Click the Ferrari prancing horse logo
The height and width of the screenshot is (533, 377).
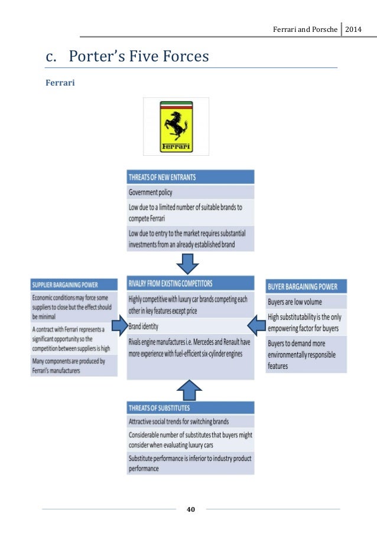click(x=175, y=126)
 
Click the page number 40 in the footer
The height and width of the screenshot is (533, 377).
click(x=191, y=509)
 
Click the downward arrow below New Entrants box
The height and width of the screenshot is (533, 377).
click(x=190, y=262)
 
